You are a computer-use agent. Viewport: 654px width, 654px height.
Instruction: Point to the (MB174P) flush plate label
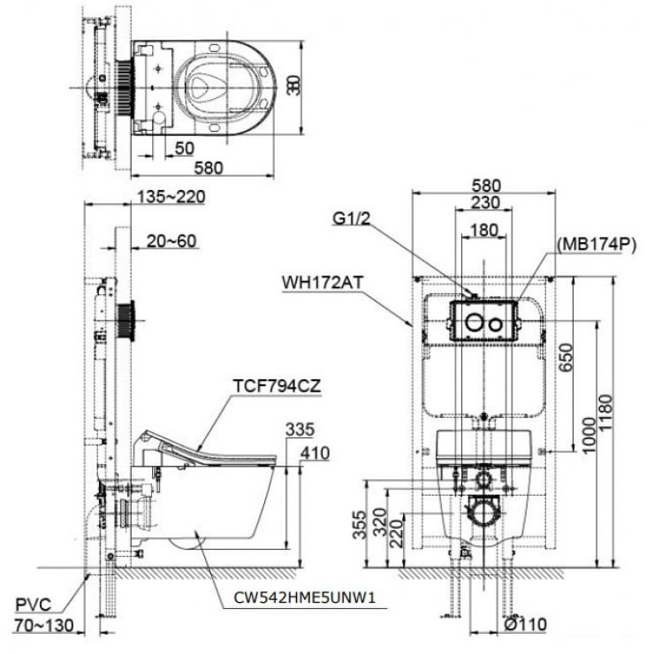tap(597, 245)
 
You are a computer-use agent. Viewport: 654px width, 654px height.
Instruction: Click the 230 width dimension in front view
tap(484, 202)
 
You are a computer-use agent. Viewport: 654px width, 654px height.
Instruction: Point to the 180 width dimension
tap(483, 229)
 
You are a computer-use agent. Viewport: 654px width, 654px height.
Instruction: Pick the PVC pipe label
tap(35, 605)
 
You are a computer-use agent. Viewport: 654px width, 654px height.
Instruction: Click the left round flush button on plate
tap(475, 323)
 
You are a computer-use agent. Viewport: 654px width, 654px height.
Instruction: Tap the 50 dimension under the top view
tap(184, 148)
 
